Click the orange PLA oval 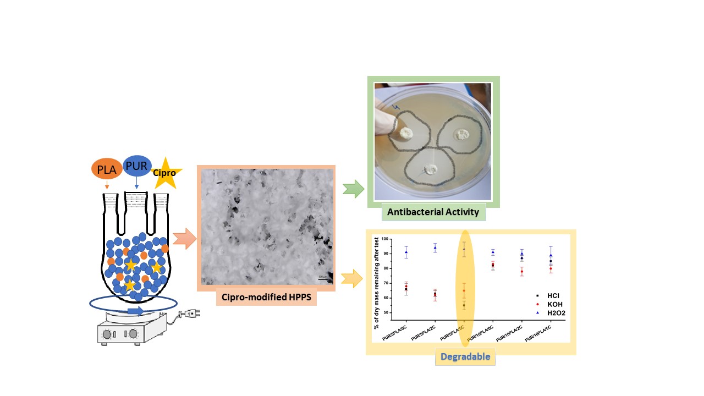(107, 170)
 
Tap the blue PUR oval (137, 166)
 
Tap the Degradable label (465, 357)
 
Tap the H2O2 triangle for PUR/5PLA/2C (435, 248)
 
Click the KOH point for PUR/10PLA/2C (521, 272)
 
